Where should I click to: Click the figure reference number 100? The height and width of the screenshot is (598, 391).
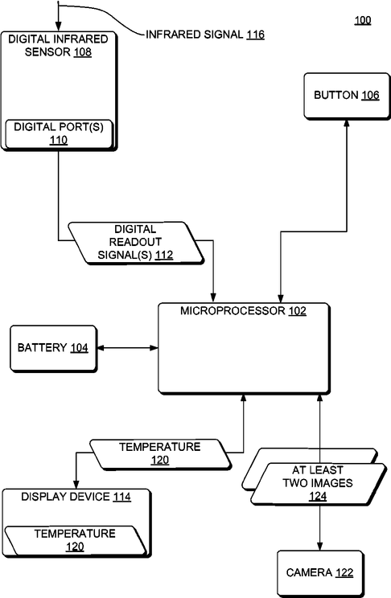(x=362, y=20)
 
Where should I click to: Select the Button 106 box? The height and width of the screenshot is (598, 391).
(x=347, y=96)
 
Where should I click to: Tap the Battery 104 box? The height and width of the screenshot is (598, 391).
(x=53, y=348)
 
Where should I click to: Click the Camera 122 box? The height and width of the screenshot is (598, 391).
(x=320, y=573)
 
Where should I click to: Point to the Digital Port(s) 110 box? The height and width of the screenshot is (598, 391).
(x=59, y=134)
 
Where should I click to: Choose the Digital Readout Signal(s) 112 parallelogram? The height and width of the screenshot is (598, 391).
(x=135, y=243)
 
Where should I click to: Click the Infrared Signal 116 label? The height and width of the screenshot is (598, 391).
(x=205, y=35)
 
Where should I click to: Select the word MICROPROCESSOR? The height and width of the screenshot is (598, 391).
(x=233, y=311)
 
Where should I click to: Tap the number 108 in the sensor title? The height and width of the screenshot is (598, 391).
(x=83, y=52)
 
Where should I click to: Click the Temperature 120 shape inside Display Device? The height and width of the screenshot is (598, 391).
(x=75, y=540)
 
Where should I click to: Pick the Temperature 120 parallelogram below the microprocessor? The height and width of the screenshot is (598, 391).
(x=160, y=454)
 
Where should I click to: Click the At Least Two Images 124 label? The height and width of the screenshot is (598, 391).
(x=318, y=483)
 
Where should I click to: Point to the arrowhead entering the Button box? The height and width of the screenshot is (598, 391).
(x=347, y=124)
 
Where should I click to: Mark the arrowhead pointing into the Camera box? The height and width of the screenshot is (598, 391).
(x=320, y=546)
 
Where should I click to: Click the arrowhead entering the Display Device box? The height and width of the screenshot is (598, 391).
(x=76, y=485)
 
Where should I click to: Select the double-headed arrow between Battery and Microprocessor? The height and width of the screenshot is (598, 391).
(x=128, y=348)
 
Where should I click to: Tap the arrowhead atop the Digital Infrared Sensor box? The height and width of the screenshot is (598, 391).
(x=58, y=27)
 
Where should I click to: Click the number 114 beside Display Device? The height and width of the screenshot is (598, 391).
(x=122, y=497)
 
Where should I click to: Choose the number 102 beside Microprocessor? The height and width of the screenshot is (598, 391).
(x=298, y=311)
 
